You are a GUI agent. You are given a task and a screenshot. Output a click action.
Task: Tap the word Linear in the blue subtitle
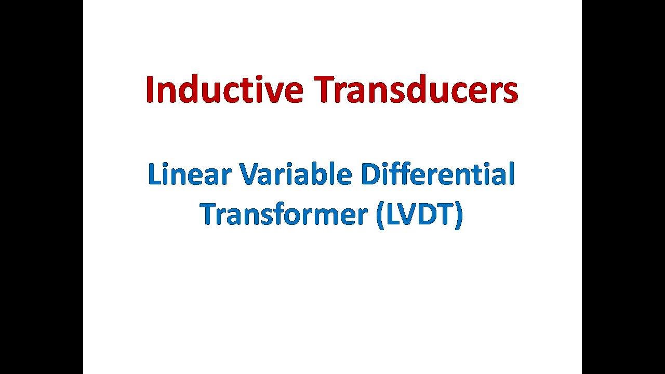click(189, 175)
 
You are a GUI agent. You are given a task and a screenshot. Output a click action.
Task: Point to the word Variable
click(295, 175)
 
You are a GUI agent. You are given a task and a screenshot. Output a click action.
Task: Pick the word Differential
click(437, 175)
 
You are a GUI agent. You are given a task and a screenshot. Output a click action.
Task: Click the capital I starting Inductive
click(150, 90)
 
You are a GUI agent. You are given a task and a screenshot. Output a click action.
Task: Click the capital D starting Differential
click(371, 175)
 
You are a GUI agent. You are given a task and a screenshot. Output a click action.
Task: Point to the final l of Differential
click(511, 175)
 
